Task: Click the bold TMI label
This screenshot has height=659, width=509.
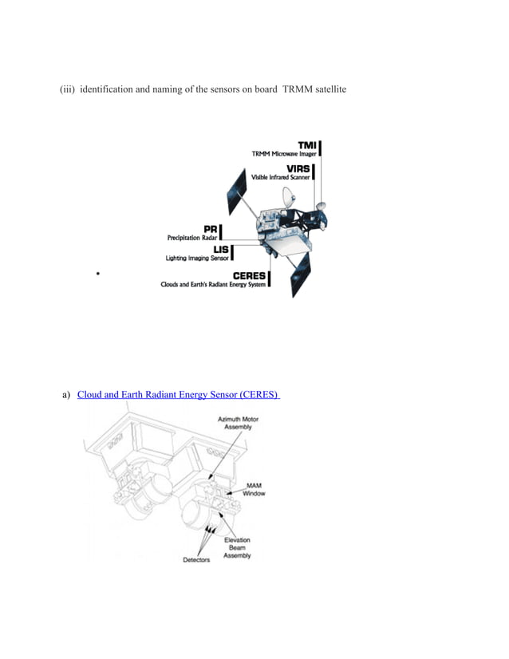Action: coord(306,144)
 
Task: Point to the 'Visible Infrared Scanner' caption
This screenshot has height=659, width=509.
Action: coord(281,177)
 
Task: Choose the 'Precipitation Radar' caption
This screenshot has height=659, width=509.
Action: coord(191,238)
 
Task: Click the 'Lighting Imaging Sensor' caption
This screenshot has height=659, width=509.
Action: coord(196,258)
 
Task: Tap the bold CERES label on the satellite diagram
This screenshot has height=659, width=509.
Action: coord(249,276)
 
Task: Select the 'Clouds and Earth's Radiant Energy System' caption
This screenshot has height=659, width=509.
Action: coord(213,286)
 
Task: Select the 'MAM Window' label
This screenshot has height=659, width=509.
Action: coord(254,489)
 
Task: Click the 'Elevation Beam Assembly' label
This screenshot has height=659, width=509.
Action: coord(237,547)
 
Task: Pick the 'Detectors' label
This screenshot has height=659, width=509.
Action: coord(195,559)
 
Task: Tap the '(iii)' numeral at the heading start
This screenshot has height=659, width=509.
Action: coord(68,92)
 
